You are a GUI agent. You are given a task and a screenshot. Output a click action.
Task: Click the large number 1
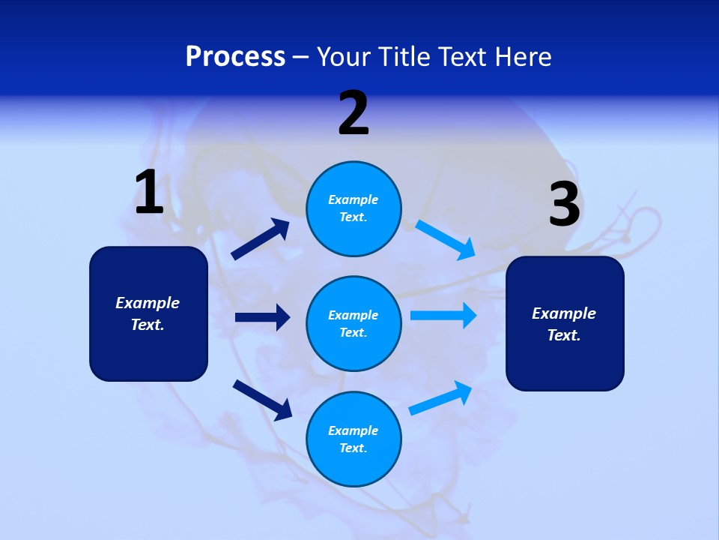pyautogui.click(x=149, y=193)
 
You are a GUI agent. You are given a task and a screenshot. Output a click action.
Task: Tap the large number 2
pyautogui.click(x=354, y=113)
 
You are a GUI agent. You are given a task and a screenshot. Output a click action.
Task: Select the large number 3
pyautogui.click(x=565, y=205)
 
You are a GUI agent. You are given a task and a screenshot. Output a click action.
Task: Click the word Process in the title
pyautogui.click(x=235, y=56)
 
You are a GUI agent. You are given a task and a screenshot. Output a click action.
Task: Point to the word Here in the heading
pyautogui.click(x=522, y=56)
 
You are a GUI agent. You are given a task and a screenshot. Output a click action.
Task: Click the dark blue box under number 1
pyautogui.click(x=148, y=313)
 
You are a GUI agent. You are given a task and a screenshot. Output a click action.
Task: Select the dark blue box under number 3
pyautogui.click(x=565, y=324)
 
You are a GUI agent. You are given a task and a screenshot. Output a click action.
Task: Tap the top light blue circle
pyautogui.click(x=354, y=208)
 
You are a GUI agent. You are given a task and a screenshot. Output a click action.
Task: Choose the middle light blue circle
pyautogui.click(x=354, y=324)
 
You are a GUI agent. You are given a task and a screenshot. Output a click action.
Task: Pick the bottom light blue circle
pyautogui.click(x=354, y=439)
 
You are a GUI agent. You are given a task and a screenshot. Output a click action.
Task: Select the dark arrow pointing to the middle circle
pyautogui.click(x=262, y=317)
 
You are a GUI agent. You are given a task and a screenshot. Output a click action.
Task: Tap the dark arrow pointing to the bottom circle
pyautogui.click(x=262, y=399)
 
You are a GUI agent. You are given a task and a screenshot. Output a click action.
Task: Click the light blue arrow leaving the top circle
pyautogui.click(x=446, y=239)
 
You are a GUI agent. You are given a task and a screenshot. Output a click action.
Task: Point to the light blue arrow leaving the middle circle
pyautogui.click(x=443, y=316)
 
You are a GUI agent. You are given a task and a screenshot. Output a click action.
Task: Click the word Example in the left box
pyautogui.click(x=148, y=303)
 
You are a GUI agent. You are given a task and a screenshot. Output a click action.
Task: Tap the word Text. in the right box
pyautogui.click(x=564, y=335)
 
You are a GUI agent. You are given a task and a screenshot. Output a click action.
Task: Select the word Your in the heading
pyautogui.click(x=342, y=56)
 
